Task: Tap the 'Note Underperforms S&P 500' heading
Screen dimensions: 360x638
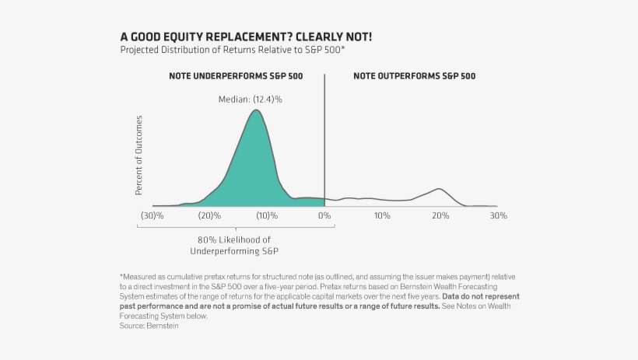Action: coord(236,76)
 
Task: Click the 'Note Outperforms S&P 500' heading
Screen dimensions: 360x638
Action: coord(414,76)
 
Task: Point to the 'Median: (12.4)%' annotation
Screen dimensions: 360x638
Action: coord(249,99)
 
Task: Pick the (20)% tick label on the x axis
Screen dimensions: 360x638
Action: coord(209,215)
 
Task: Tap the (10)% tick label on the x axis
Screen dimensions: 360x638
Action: coord(267,215)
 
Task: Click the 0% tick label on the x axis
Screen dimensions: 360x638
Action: coord(324,215)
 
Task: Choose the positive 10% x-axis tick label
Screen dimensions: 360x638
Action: coord(382,215)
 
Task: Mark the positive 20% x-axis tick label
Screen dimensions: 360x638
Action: coord(440,215)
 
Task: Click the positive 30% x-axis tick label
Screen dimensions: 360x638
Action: coord(498,215)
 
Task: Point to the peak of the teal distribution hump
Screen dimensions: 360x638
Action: coord(256,110)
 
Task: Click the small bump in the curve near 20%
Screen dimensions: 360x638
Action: coord(440,189)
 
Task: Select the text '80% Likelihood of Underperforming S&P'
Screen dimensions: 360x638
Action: coord(234,245)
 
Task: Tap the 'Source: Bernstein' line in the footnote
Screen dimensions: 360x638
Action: coord(149,326)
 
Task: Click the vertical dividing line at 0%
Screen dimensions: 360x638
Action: coord(324,140)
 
